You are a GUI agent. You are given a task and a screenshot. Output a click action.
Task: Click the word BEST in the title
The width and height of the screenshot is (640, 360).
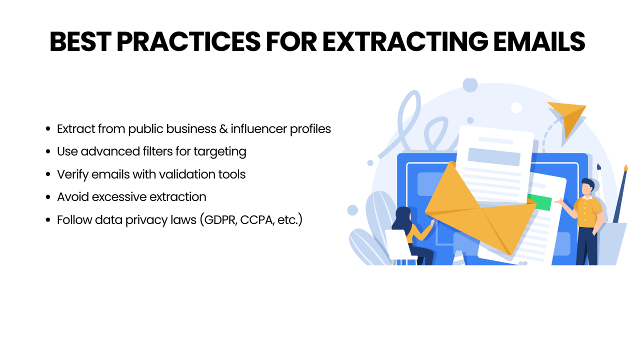pos(80,41)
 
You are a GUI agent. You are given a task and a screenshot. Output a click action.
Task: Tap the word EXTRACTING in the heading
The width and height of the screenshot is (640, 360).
pos(405,41)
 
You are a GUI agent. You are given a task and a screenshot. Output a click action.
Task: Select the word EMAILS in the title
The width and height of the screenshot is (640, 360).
pos(539,41)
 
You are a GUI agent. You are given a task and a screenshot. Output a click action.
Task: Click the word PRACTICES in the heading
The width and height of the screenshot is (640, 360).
pos(188,41)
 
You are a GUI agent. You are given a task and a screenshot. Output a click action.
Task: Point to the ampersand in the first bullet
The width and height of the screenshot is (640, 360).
pos(223,129)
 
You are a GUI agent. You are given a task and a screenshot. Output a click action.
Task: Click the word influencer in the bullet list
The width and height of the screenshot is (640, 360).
pos(259,128)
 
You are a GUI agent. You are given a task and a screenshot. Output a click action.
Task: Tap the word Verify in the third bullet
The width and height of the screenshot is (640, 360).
pos(72,174)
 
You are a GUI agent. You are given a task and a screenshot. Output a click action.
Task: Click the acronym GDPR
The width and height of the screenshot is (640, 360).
pos(220,220)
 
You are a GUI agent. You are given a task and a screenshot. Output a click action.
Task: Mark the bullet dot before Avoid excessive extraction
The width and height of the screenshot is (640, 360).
pos(48,197)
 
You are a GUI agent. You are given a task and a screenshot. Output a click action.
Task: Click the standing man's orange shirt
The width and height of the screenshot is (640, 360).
pos(587,212)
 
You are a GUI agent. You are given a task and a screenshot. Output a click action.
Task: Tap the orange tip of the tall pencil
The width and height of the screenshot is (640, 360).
pos(625,167)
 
